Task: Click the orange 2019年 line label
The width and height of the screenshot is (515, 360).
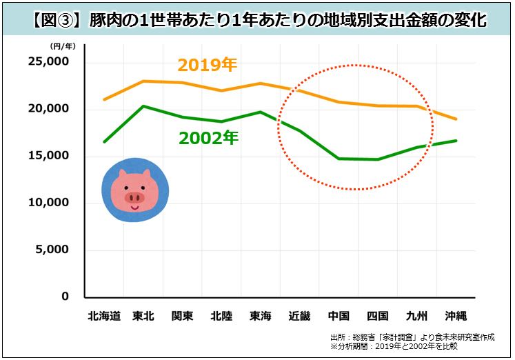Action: [207, 66]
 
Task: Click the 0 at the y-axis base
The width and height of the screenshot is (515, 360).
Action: [65, 297]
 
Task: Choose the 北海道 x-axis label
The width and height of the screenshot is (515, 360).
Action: [105, 317]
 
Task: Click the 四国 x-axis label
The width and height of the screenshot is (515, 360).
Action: [378, 317]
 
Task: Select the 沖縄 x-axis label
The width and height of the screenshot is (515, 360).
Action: [456, 317]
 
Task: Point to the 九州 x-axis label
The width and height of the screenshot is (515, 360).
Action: [418, 317]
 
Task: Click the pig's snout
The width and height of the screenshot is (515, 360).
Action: [134, 198]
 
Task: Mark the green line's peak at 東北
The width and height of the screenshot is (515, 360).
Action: [141, 106]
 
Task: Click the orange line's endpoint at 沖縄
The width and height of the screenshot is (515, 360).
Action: [456, 119]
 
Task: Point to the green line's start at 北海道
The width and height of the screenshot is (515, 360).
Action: [104, 142]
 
